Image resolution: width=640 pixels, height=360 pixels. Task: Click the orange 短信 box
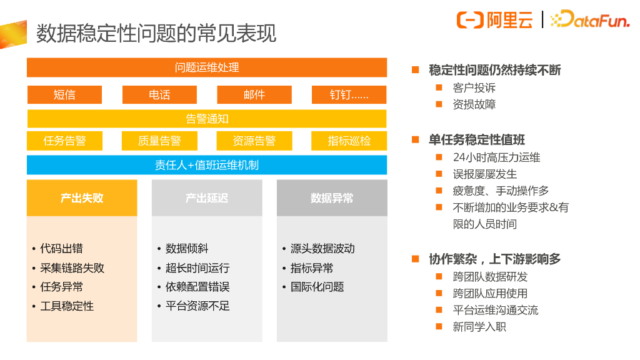(x=64, y=95)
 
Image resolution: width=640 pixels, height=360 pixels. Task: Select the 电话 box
(x=159, y=95)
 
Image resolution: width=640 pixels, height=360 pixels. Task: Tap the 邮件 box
(x=254, y=95)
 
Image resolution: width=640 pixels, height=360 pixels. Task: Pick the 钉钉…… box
(x=349, y=95)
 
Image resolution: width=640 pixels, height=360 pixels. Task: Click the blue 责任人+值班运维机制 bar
(x=207, y=165)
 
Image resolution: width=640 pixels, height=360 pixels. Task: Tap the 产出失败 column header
(x=82, y=198)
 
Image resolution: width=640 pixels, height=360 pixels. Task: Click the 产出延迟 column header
(x=207, y=198)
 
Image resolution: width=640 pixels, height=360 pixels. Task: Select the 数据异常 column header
(x=332, y=198)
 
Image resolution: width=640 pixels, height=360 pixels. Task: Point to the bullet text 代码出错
(x=61, y=249)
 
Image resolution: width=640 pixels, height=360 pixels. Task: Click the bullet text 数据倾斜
(x=186, y=249)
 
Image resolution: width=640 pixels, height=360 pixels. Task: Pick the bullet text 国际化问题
(x=317, y=287)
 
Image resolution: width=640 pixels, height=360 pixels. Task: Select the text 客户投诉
(x=474, y=88)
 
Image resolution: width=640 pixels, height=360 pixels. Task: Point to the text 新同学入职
(x=479, y=326)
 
